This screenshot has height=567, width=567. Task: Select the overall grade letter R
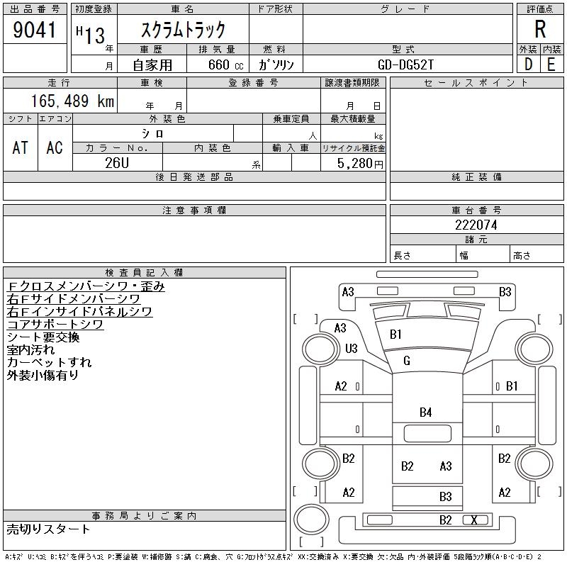pyautogui.click(x=540, y=30)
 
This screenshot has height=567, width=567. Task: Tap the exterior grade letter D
pyautogui.click(x=528, y=64)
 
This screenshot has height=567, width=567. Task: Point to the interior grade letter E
pyautogui.click(x=551, y=64)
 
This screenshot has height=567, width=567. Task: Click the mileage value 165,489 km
pyautogui.click(x=71, y=101)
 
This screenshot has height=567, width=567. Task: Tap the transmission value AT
pyautogui.click(x=21, y=147)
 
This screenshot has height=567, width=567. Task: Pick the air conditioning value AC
pyautogui.click(x=55, y=147)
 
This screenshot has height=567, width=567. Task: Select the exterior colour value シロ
pyautogui.click(x=153, y=133)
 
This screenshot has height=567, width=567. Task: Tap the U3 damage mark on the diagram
pyautogui.click(x=351, y=348)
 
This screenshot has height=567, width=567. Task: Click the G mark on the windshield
pyautogui.click(x=407, y=361)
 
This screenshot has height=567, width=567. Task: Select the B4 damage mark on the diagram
pyautogui.click(x=425, y=412)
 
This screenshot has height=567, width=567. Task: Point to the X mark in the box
pyautogui.click(x=474, y=520)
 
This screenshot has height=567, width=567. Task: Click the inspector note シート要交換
pyautogui.click(x=43, y=337)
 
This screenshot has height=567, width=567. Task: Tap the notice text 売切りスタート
pyautogui.click(x=48, y=529)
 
